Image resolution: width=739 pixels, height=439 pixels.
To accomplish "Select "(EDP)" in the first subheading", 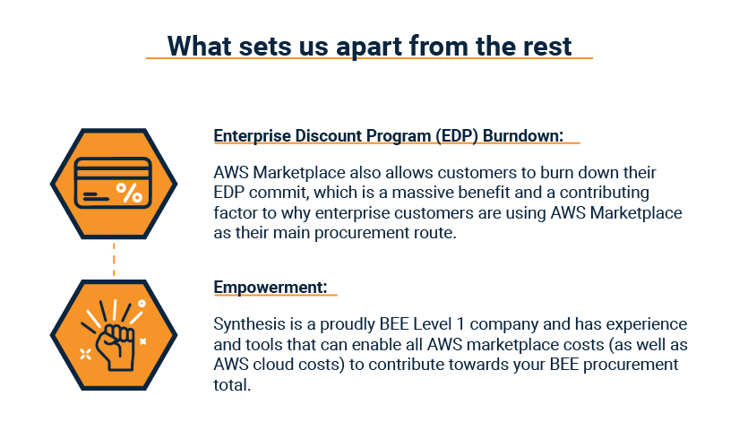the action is [456, 136].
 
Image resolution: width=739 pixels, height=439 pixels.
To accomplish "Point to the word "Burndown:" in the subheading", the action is [523, 136].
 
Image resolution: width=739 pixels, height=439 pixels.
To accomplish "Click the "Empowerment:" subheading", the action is [271, 288].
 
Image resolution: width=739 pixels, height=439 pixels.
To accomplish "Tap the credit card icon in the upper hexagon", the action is [113, 183].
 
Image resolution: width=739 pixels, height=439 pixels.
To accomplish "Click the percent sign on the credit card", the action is [130, 193].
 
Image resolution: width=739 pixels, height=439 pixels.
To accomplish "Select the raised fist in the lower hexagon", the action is [116, 347].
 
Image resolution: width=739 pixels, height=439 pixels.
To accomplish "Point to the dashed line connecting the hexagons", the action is [114, 259].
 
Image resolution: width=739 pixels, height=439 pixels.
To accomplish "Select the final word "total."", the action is [232, 384].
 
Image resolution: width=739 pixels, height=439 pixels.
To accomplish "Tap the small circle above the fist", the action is [142, 304].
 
